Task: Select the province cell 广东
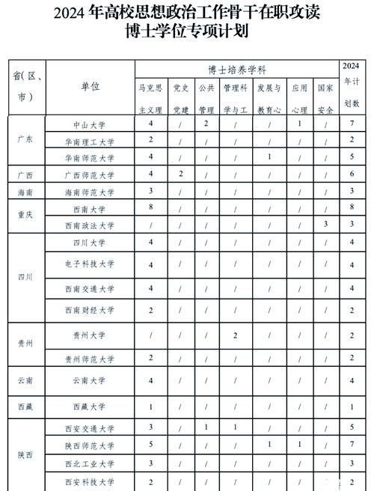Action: (25, 141)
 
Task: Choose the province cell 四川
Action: (25, 276)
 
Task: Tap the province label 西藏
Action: (25, 406)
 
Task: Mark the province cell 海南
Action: (25, 192)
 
